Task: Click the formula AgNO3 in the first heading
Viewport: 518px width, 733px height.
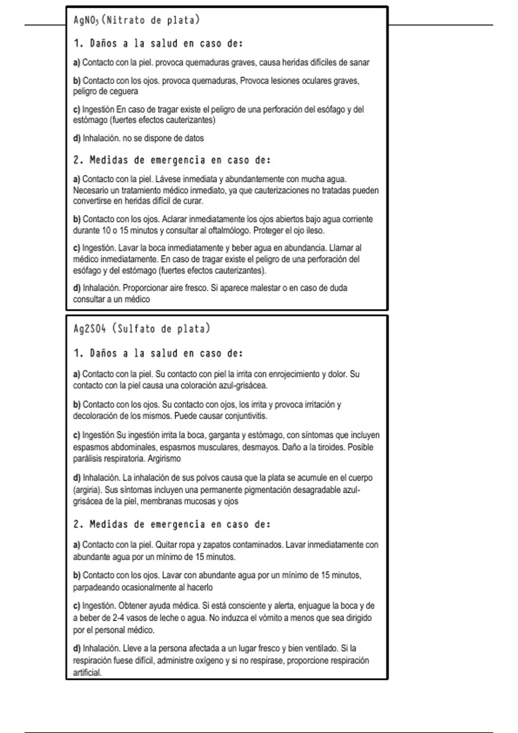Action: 86,20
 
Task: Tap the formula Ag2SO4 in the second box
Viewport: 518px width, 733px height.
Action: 89,329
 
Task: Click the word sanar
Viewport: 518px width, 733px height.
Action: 359,63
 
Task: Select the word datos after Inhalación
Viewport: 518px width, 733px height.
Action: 194,138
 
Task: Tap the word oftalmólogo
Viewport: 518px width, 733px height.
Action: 227,231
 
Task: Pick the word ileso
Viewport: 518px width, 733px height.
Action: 315,231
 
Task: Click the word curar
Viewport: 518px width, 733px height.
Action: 193,201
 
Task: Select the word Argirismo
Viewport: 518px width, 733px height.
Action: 164,459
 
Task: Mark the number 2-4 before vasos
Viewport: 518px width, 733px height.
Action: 120,618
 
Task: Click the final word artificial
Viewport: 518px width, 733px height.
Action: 87,673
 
